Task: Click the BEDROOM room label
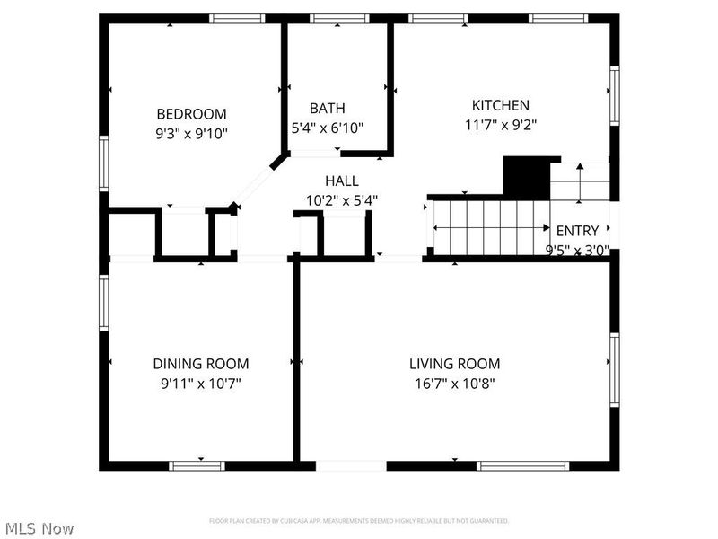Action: click(191, 114)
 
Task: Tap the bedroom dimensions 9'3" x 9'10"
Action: click(191, 134)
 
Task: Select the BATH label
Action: click(327, 109)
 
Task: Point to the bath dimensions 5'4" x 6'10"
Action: click(327, 128)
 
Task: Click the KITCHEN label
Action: click(500, 105)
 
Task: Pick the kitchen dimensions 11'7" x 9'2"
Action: click(500, 125)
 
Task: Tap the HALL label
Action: click(342, 181)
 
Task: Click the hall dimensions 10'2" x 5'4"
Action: click(342, 200)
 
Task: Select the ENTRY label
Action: click(578, 231)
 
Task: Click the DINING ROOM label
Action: click(201, 364)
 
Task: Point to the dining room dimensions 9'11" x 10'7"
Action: click(201, 384)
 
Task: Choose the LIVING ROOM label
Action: click(454, 364)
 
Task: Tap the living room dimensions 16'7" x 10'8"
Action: click(454, 384)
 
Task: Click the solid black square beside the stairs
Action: click(525, 176)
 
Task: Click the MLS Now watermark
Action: click(39, 528)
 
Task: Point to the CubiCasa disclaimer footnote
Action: click(359, 521)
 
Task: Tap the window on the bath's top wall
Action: click(338, 18)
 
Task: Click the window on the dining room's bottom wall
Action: click(197, 465)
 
